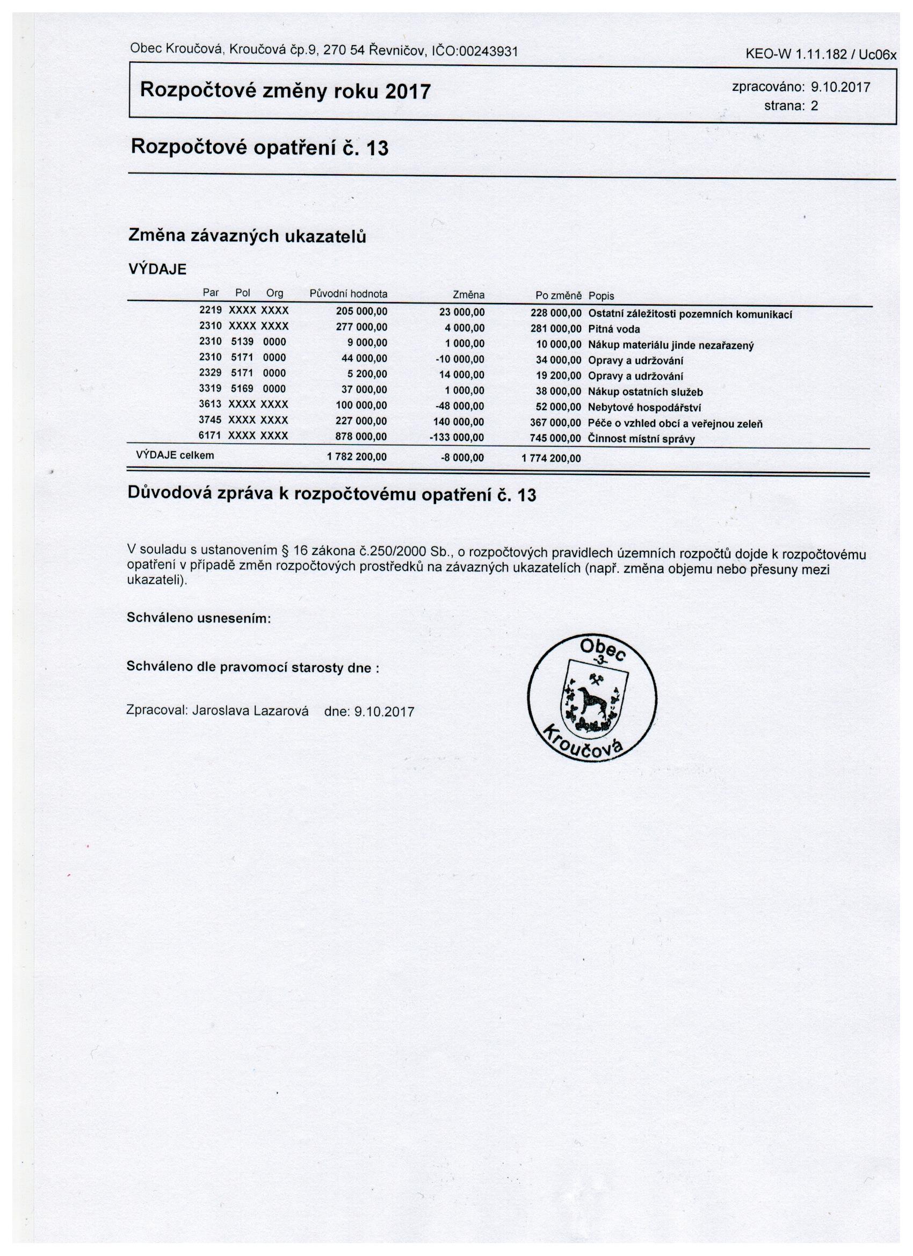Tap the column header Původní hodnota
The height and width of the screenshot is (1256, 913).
pyautogui.click(x=348, y=294)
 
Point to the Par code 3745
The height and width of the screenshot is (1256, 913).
pyautogui.click(x=210, y=420)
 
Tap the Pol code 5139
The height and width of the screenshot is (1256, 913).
pyautogui.click(x=242, y=342)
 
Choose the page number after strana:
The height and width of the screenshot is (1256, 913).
pyautogui.click(x=814, y=106)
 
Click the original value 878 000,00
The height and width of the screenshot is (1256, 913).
pyautogui.click(x=361, y=437)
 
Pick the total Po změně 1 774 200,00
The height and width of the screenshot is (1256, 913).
pyautogui.click(x=551, y=458)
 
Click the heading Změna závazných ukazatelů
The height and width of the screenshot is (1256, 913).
pyautogui.click(x=247, y=236)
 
